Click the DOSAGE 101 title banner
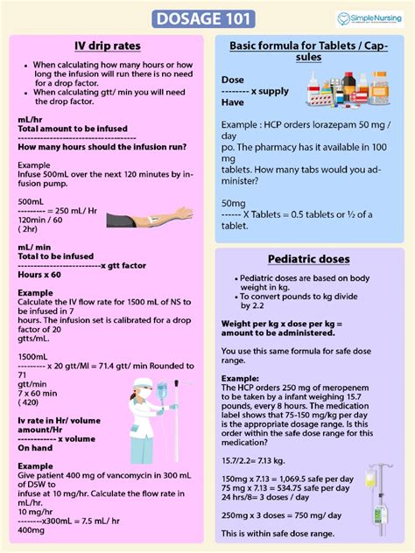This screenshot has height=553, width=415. [207, 18]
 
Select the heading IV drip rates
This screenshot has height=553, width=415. [109, 45]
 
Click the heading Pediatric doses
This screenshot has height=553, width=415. [309, 259]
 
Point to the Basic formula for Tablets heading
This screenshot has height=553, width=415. [309, 51]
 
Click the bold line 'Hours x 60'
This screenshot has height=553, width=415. [39, 275]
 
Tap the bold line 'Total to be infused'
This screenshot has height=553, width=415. [55, 256]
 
